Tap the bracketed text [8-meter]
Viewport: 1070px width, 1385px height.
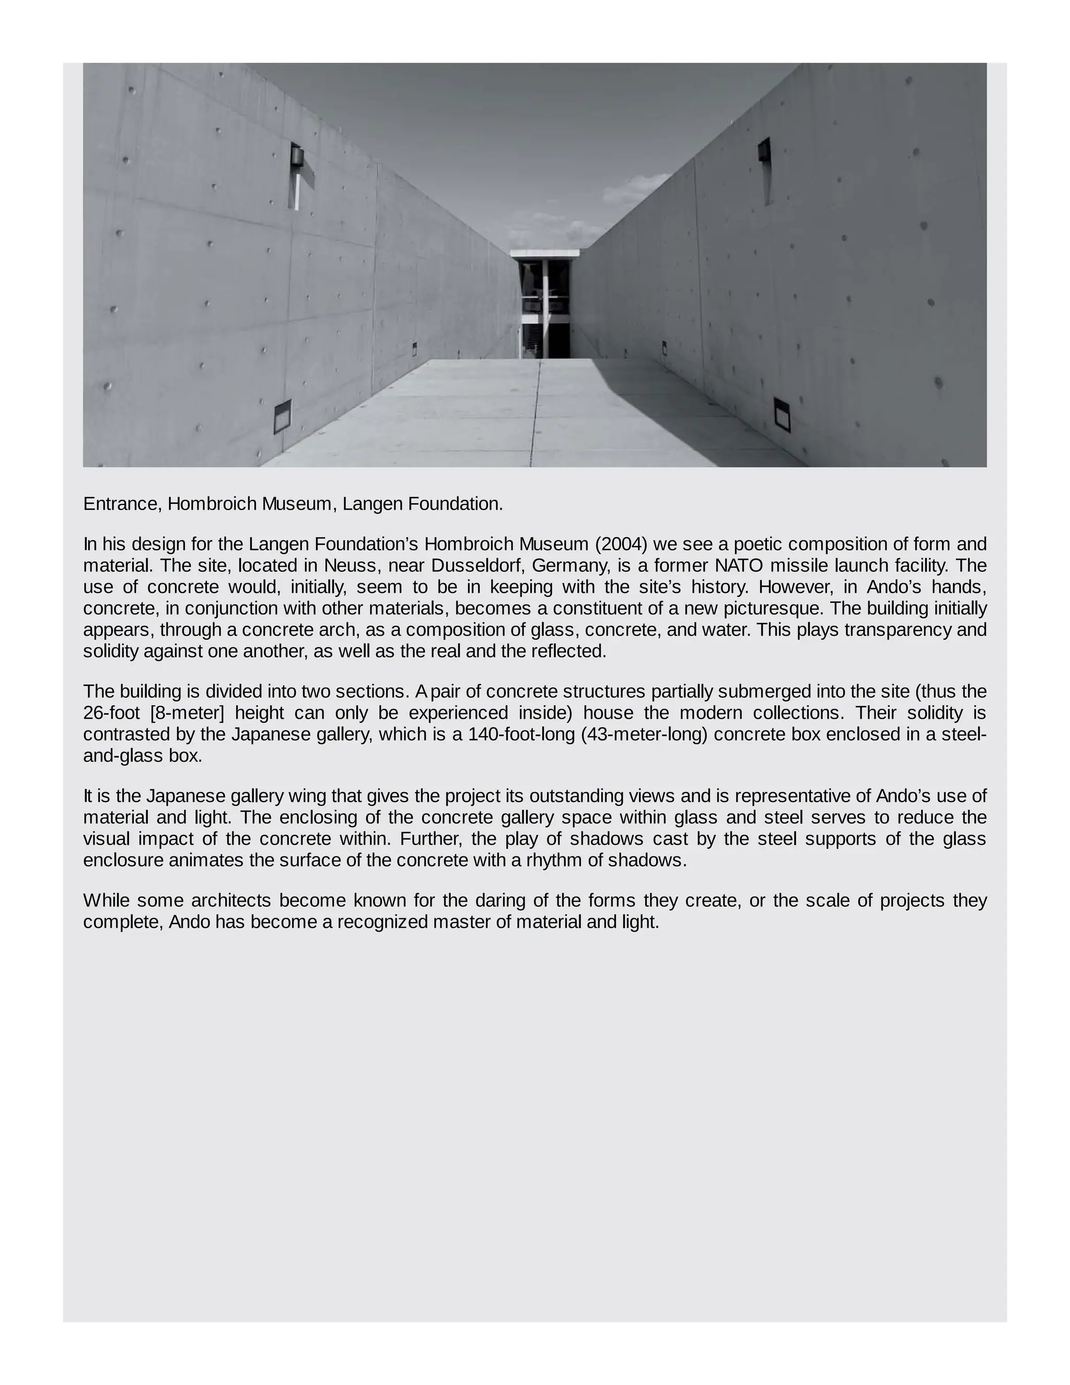(187, 713)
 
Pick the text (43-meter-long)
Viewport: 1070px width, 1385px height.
(643, 734)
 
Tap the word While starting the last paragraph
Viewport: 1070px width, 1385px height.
(105, 901)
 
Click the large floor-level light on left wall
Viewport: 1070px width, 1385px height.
(282, 416)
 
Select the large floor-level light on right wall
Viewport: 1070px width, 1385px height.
(782, 414)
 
